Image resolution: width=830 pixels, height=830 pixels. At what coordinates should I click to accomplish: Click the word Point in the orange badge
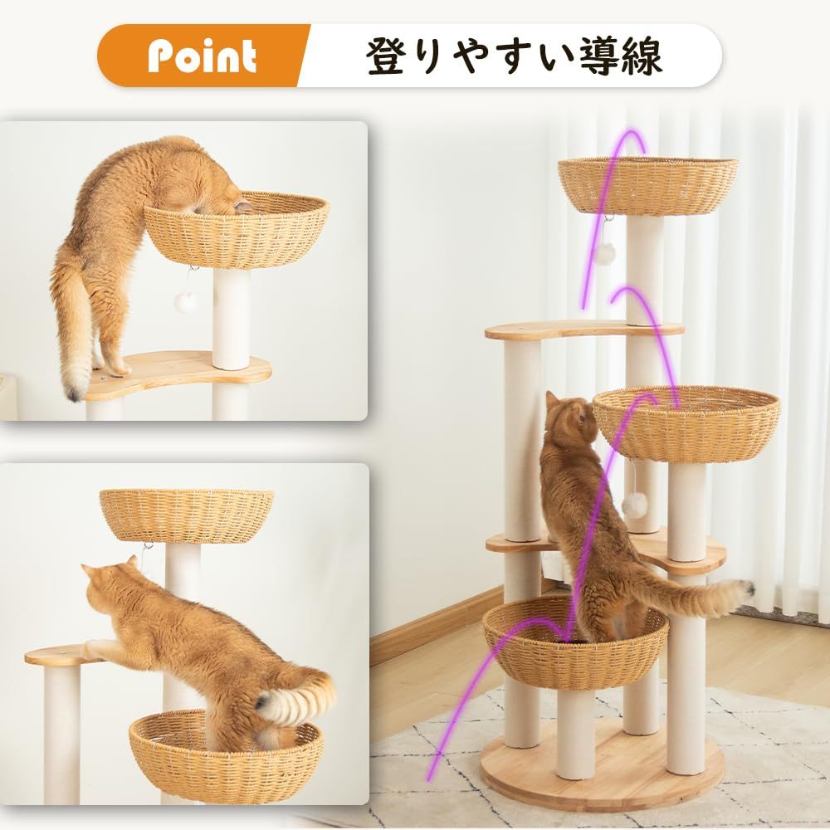[x=202, y=56]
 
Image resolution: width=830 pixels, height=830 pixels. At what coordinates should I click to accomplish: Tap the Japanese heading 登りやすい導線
[x=515, y=56]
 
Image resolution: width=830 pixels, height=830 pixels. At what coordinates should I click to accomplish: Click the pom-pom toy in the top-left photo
[x=188, y=301]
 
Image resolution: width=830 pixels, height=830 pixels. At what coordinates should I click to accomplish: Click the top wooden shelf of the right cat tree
[x=581, y=330]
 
